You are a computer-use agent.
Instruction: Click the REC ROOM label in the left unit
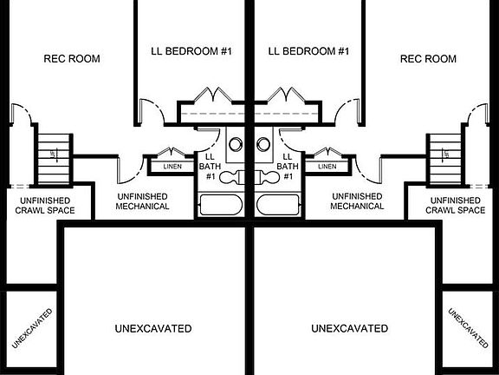72,59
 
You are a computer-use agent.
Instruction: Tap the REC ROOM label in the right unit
428,59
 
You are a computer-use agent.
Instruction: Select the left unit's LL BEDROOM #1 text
191,51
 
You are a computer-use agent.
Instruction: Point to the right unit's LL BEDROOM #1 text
308,51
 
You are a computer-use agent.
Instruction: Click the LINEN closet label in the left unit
172,167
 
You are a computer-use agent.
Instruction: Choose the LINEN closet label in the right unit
327,167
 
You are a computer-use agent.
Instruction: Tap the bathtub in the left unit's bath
221,205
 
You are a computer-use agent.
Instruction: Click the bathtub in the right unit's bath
278,205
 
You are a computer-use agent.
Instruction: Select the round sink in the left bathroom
236,144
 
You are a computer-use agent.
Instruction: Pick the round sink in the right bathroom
263,144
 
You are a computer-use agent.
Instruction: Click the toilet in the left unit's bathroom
231,178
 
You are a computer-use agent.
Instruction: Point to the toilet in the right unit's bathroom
268,178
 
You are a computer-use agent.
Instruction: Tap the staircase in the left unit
54,159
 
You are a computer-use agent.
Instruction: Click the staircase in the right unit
445,159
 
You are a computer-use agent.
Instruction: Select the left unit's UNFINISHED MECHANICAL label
142,201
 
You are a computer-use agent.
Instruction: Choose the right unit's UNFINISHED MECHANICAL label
357,201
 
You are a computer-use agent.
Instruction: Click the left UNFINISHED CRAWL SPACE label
45,206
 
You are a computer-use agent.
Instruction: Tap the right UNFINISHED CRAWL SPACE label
456,206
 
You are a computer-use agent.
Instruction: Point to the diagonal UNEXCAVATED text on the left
32,328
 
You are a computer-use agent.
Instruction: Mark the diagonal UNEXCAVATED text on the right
468,328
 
